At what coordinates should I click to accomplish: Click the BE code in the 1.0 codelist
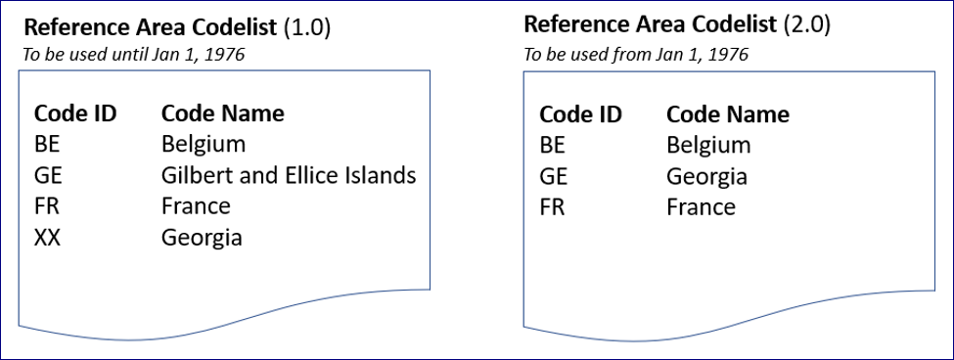pos(46,145)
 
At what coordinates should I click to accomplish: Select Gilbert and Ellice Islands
pos(289,176)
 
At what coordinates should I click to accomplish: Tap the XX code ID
pos(47,238)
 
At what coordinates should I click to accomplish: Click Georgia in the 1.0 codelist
pos(202,238)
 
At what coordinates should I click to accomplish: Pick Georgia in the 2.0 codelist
pos(706,177)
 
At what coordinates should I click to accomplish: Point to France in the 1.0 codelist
pos(196,206)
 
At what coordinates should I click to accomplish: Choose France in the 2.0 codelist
pos(701,207)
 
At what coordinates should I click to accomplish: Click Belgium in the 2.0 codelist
pos(708,146)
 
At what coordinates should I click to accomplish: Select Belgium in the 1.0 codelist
pos(204,145)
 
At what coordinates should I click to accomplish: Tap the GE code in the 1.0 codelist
pos(47,176)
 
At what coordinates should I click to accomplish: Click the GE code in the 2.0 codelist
pos(553,177)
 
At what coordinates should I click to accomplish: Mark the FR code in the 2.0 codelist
pos(552,207)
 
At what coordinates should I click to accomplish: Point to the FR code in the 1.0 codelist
pos(46,206)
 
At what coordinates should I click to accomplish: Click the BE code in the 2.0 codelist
pos(552,146)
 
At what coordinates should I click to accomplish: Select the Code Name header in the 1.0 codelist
pos(222,113)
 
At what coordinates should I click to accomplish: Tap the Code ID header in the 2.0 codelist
pos(580,114)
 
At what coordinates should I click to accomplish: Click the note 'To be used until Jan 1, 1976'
pos(133,55)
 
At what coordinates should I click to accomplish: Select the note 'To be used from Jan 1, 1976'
pos(636,53)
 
